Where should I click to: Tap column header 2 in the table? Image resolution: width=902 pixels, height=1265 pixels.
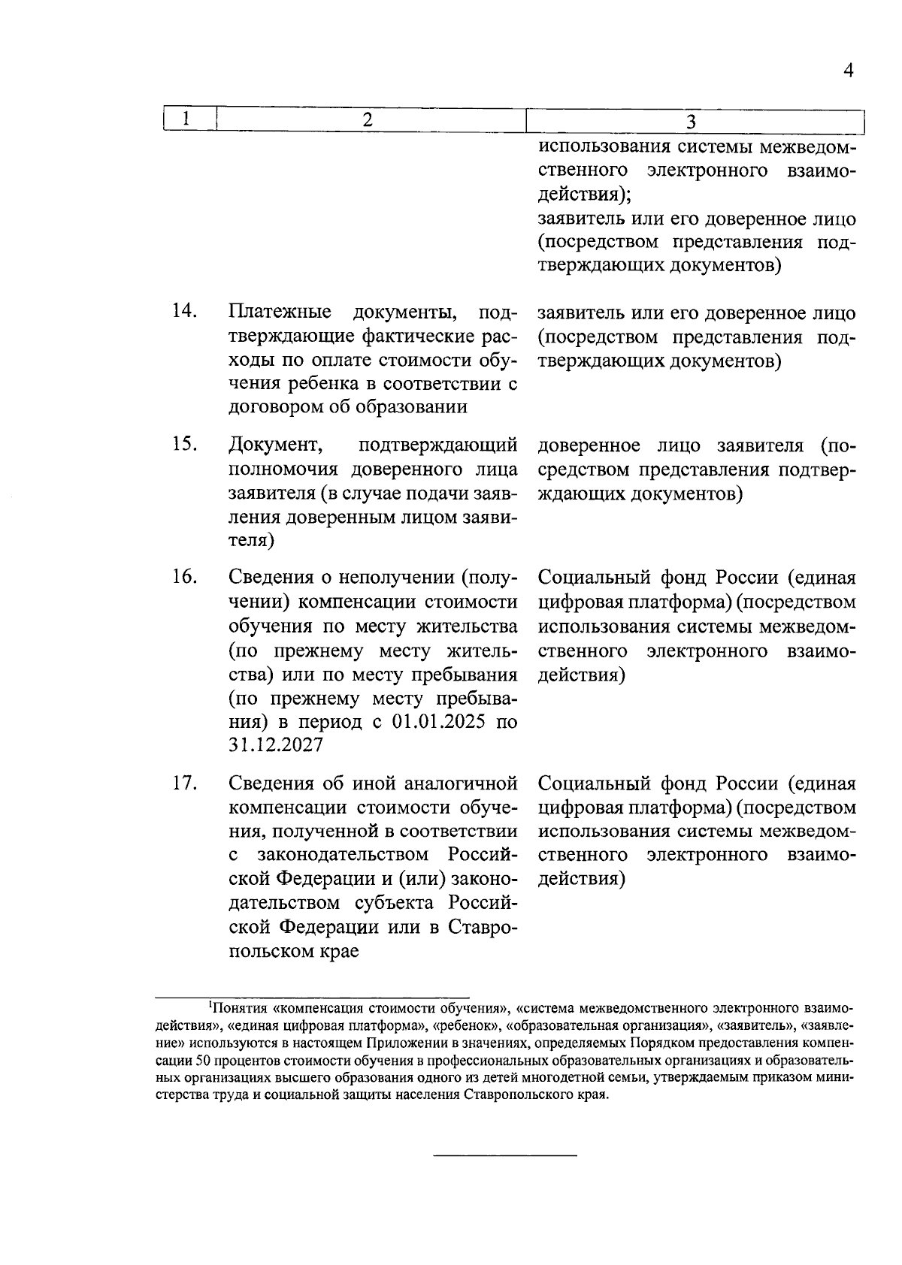coord(368,119)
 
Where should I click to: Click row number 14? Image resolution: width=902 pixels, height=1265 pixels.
coord(184,311)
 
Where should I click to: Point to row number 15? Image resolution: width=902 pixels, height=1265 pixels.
coord(184,444)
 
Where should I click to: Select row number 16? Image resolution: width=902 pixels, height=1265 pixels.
coord(184,577)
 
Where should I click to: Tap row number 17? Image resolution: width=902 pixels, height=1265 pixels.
coord(184,783)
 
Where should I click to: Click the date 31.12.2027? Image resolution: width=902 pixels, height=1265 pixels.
coord(276,745)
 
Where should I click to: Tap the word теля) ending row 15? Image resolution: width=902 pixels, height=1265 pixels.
coord(252,541)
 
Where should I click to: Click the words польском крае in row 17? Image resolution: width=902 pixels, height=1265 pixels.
coord(293,951)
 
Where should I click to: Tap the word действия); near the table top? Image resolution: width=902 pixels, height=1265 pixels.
coord(586,195)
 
